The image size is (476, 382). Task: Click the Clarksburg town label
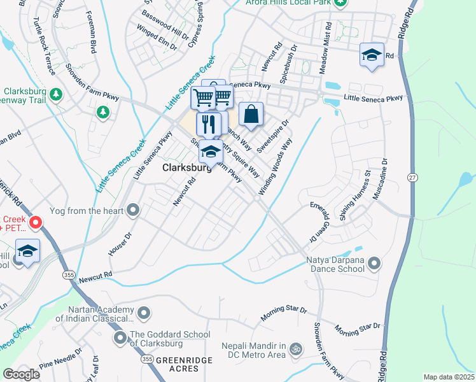click(x=186, y=169)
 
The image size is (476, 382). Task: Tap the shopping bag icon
click(x=251, y=115)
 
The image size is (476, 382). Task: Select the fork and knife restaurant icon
click(x=208, y=123)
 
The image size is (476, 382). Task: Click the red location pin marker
click(x=35, y=223)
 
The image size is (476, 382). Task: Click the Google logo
click(x=21, y=374)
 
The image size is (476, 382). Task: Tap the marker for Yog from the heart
click(x=133, y=209)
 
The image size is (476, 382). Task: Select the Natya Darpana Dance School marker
click(x=374, y=263)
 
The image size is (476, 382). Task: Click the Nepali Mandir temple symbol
click(x=294, y=349)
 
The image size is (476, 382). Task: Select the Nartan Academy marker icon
click(x=144, y=312)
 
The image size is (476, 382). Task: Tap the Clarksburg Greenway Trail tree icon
click(x=57, y=94)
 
